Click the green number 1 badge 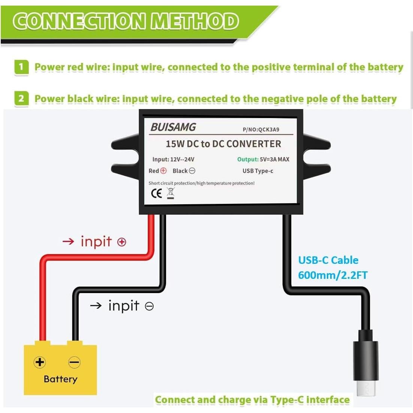pyautogui.click(x=21, y=67)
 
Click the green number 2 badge pyautogui.click(x=21, y=99)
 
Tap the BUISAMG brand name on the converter pyautogui.click(x=173, y=127)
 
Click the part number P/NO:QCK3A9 pyautogui.click(x=261, y=130)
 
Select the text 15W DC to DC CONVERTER pyautogui.click(x=223, y=144)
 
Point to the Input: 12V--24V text pyautogui.click(x=173, y=159)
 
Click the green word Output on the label pyautogui.click(x=247, y=159)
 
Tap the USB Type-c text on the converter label pyautogui.click(x=258, y=171)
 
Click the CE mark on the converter pyautogui.click(x=156, y=193)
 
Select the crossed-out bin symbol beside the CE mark pyautogui.click(x=171, y=193)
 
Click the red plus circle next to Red pyautogui.click(x=163, y=171)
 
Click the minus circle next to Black pyautogui.click(x=192, y=171)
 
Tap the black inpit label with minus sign pyautogui.click(x=122, y=306)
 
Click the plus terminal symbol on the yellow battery pyautogui.click(x=40, y=362)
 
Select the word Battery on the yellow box pyautogui.click(x=60, y=379)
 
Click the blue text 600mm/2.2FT pyautogui.click(x=333, y=275)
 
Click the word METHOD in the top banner pyautogui.click(x=195, y=21)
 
